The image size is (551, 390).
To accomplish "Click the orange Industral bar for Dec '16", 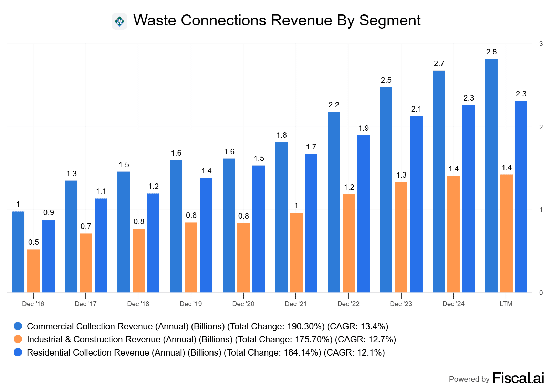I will point(33,271).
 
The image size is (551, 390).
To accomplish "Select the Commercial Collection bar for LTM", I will point(491,176).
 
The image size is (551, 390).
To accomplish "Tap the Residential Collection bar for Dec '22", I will point(363,214).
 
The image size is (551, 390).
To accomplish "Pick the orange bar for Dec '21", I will point(296,253).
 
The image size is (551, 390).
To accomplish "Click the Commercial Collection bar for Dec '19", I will point(176,226).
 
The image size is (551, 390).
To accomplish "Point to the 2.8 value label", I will point(491,52).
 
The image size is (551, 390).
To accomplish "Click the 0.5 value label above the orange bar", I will point(33,242).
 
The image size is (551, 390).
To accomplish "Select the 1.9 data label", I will point(363,128).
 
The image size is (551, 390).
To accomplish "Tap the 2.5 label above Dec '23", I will point(386,80).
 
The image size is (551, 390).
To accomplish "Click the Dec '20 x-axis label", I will point(243,304).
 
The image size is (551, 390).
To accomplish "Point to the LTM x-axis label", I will point(506,304).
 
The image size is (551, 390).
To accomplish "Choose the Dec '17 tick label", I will point(85,304).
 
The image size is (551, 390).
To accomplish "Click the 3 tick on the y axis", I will point(541,44).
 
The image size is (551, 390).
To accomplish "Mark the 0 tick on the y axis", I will point(541,293).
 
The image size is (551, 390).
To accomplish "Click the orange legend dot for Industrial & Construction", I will point(18,339).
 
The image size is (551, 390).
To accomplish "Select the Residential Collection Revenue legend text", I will point(206,352).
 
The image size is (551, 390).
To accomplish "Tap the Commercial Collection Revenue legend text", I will point(207,326).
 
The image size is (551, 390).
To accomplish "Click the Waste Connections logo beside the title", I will point(119,21).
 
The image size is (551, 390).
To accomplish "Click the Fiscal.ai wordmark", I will point(518,378).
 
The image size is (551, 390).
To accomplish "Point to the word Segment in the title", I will point(390,21).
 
